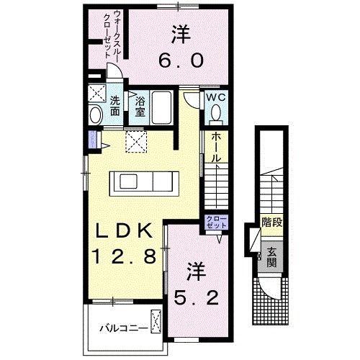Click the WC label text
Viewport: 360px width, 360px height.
pyautogui.click(x=216, y=98)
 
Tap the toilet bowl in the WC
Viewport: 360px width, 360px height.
pyautogui.click(x=216, y=112)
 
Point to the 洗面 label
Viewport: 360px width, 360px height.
pyautogui.click(x=115, y=106)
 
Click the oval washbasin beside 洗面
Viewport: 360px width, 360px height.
pyautogui.click(x=96, y=115)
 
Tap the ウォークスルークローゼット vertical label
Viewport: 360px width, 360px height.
pyautogui.click(x=111, y=34)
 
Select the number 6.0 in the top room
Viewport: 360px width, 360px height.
pyautogui.click(x=181, y=60)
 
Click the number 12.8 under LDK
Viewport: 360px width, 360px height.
pyautogui.click(x=125, y=256)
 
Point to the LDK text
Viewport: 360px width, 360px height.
pyautogui.click(x=124, y=230)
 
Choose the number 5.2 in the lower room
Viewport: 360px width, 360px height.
pyautogui.click(x=196, y=297)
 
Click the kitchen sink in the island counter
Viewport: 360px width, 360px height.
pyautogui.click(x=128, y=181)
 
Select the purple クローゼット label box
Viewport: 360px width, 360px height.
pyautogui.click(x=216, y=222)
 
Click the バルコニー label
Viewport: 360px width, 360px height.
pyautogui.click(x=124, y=328)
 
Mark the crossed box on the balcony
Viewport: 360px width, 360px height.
pyautogui.click(x=156, y=321)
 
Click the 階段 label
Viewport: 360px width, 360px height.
pyautogui.click(x=271, y=222)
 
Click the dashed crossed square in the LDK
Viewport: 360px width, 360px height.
pyautogui.click(x=136, y=142)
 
